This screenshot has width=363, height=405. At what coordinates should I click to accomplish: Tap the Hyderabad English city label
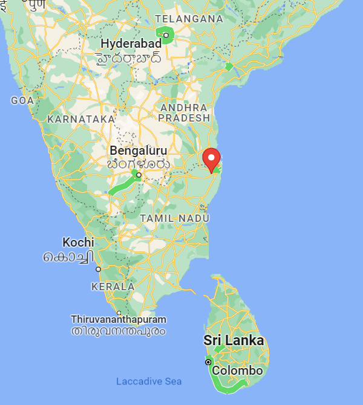(x=131, y=44)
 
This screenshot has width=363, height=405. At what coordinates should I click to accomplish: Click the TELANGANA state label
(x=189, y=19)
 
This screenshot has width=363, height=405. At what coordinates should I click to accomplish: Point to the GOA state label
(x=22, y=100)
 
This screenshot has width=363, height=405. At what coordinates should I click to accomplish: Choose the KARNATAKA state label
(x=81, y=119)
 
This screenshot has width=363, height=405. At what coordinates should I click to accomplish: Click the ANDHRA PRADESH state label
(x=185, y=112)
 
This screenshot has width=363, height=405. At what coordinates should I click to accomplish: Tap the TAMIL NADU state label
(x=174, y=218)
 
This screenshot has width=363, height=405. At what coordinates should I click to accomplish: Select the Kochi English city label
(x=78, y=242)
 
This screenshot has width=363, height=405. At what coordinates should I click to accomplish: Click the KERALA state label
(x=113, y=286)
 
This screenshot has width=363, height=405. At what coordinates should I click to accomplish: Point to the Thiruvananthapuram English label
(x=119, y=319)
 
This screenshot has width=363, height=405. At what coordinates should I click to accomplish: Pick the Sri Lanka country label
(x=234, y=341)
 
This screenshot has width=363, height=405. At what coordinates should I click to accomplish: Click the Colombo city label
(x=238, y=371)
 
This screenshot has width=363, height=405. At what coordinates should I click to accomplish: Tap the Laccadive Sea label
(x=149, y=381)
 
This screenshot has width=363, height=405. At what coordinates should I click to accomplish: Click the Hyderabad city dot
(x=166, y=35)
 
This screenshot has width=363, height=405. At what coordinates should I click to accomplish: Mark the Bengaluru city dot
(x=139, y=175)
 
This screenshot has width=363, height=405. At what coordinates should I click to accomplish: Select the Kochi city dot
(x=98, y=269)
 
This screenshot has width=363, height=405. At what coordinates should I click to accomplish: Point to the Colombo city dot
(x=208, y=362)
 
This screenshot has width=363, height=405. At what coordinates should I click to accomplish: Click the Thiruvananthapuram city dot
(x=119, y=313)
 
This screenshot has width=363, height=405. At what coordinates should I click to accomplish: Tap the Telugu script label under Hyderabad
(x=129, y=59)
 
